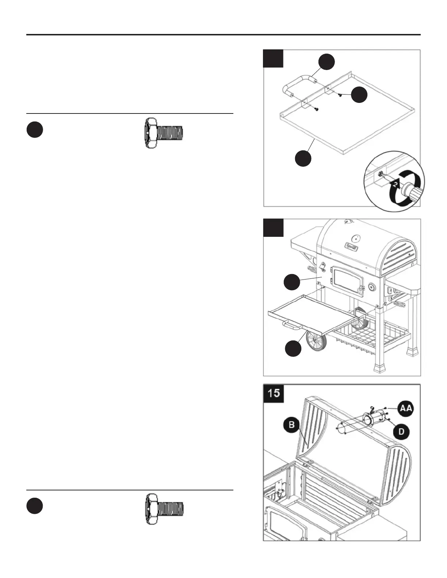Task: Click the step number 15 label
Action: [274, 393]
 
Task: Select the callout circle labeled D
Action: [401, 432]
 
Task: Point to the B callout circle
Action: [292, 425]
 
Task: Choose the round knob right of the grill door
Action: [372, 287]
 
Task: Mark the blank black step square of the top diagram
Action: [273, 58]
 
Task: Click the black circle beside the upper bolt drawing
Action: [35, 130]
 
